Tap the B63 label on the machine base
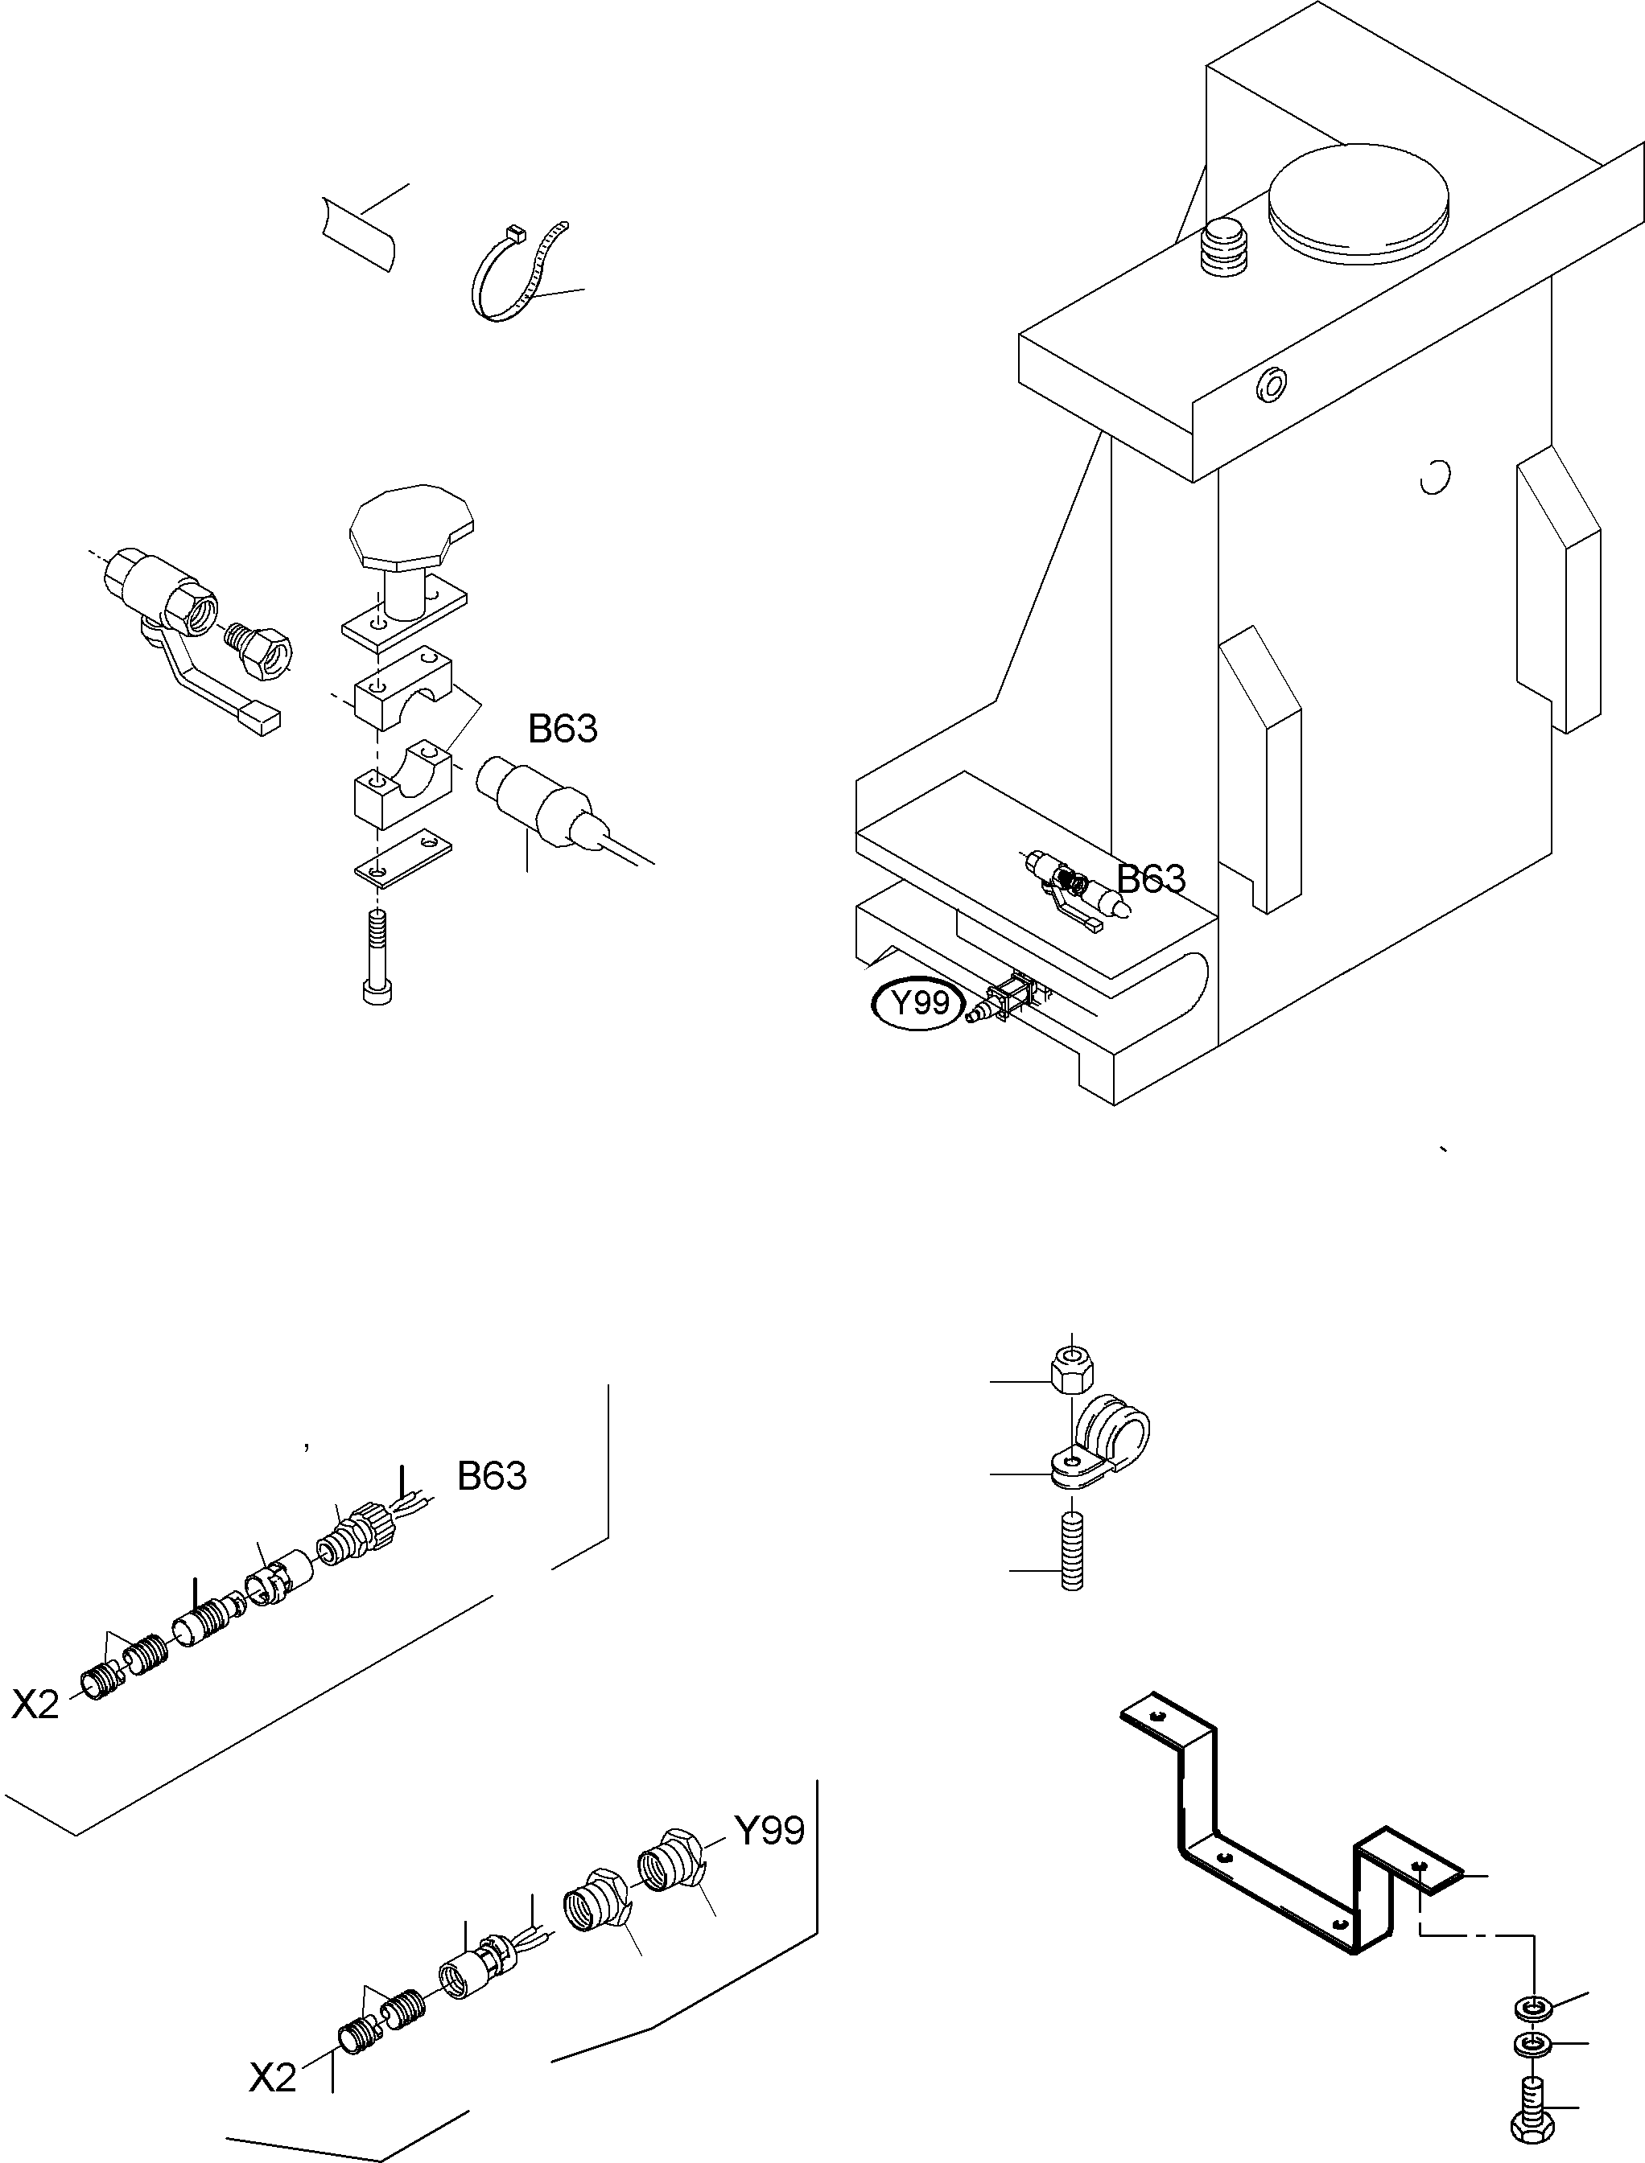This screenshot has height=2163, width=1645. [x=1152, y=879]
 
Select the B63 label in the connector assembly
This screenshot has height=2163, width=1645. [x=492, y=1475]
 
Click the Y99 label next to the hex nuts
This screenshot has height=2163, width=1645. [x=769, y=1829]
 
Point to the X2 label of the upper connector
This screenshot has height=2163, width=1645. [x=35, y=1705]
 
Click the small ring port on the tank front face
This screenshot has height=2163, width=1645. [x=1272, y=384]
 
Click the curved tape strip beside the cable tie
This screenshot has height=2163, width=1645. [x=358, y=233]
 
